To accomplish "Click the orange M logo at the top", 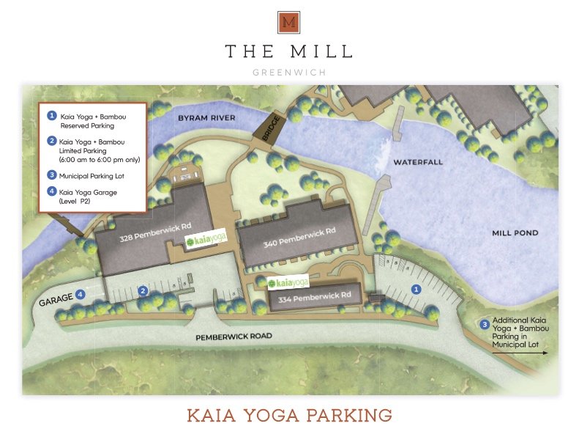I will click(x=289, y=23).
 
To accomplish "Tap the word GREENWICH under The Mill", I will click(x=289, y=73).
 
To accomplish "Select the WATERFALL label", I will click(x=418, y=161).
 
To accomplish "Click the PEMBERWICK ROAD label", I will click(x=234, y=336).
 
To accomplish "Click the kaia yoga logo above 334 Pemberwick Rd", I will click(x=288, y=282).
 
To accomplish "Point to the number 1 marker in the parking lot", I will click(x=416, y=290).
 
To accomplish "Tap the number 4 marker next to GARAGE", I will click(x=81, y=294).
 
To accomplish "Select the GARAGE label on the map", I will click(x=56, y=299).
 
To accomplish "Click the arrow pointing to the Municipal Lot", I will click(x=520, y=353).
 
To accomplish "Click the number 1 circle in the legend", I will click(x=52, y=116).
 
